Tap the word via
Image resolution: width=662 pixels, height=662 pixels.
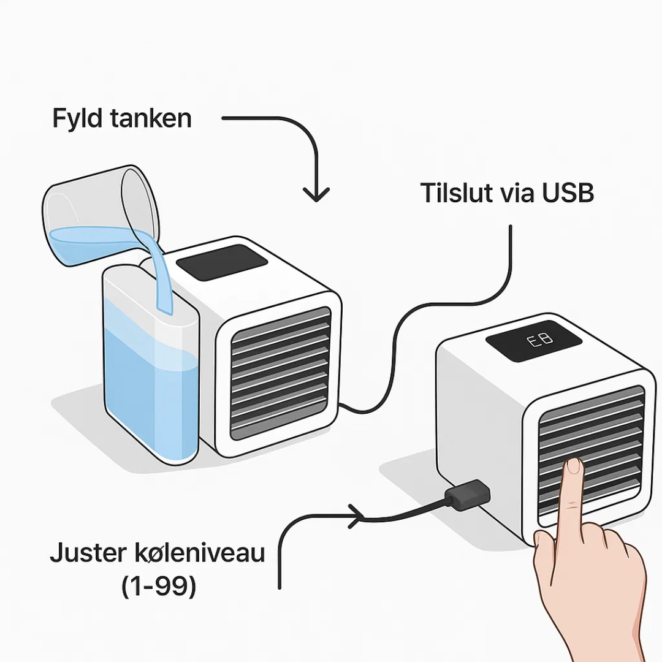pyautogui.click(x=519, y=193)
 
